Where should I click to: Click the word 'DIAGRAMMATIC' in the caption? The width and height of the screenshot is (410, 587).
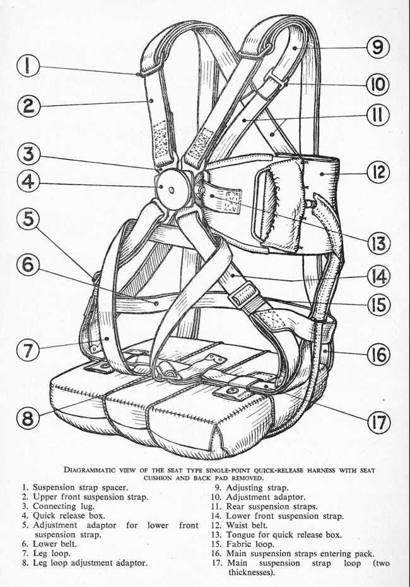tap(94, 469)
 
